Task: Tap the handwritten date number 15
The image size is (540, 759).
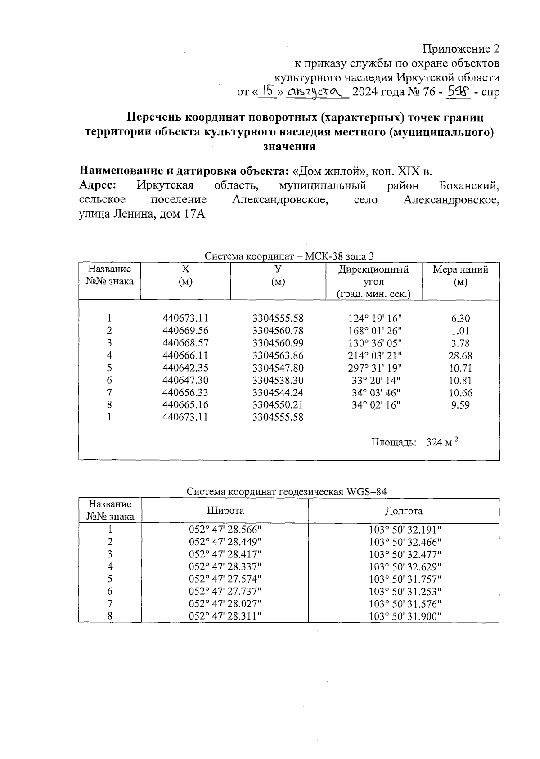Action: pos(269,91)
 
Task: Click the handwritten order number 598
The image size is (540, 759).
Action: pos(458,91)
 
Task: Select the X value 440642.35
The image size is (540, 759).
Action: pos(185,368)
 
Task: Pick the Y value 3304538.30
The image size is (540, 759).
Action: pos(278,381)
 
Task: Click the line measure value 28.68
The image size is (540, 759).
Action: pos(460,355)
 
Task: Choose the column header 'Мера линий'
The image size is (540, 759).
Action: pos(460,269)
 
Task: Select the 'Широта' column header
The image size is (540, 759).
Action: pos(225,511)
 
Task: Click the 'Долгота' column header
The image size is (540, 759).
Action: pos(404,511)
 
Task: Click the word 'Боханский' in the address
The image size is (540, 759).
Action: pos(469,185)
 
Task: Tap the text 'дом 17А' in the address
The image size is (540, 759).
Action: pos(186,214)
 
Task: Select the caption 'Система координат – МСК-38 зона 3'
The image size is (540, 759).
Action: pos(289,256)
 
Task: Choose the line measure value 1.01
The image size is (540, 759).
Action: pos(460,331)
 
